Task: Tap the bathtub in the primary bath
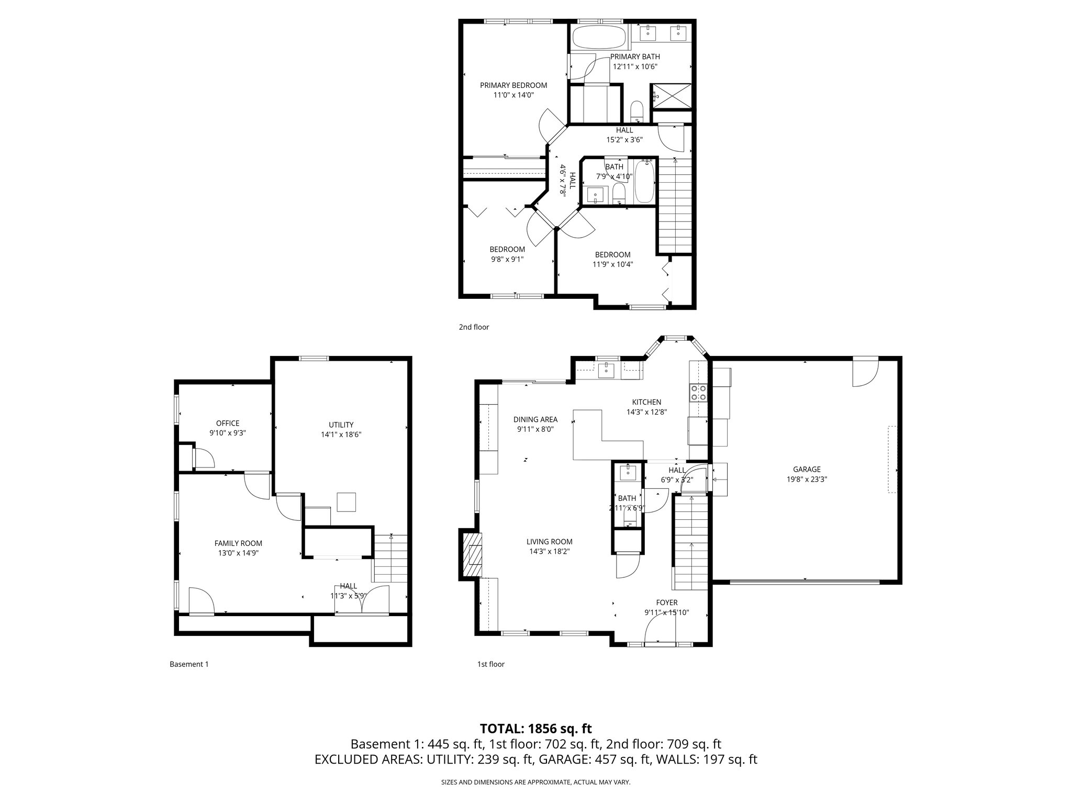(x=598, y=37)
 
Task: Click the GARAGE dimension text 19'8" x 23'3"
(x=807, y=479)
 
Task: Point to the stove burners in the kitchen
(x=698, y=392)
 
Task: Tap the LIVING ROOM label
(x=549, y=542)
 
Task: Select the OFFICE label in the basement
(x=228, y=423)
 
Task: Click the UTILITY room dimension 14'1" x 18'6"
(x=341, y=434)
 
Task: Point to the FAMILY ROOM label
(x=238, y=543)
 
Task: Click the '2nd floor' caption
(x=474, y=327)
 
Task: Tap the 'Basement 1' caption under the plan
(x=189, y=664)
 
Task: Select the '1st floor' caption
(x=490, y=664)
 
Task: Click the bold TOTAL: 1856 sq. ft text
(x=535, y=729)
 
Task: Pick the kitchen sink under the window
(x=607, y=371)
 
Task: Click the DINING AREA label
(x=535, y=419)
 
